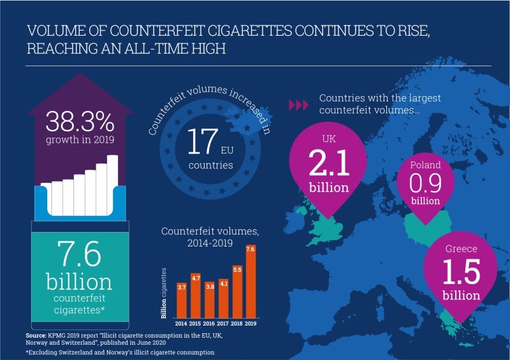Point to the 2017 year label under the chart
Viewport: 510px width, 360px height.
pyautogui.click(x=222, y=323)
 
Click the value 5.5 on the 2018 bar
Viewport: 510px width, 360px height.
pyautogui.click(x=237, y=270)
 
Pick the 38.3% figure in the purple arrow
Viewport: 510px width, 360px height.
pyautogui.click(x=79, y=122)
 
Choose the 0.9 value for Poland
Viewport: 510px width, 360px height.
pyautogui.click(x=426, y=185)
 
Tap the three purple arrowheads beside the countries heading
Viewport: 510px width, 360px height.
pyautogui.click(x=298, y=104)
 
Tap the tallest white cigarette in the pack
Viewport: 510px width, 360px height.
pyautogui.click(x=112, y=185)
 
